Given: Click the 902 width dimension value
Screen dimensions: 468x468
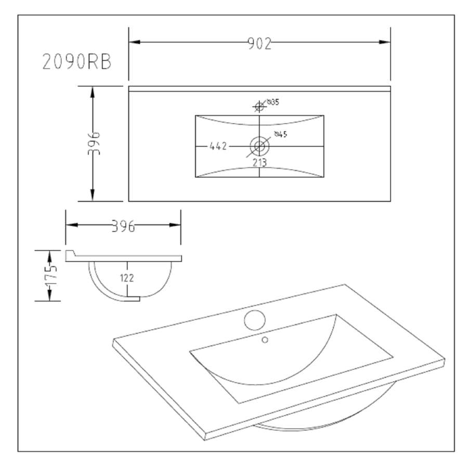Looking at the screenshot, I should click(259, 43).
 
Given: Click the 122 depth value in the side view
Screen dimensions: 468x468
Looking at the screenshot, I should click(127, 278).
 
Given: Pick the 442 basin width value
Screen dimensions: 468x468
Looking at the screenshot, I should click(218, 147).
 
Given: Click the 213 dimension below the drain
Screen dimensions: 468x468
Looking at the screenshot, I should click(259, 163).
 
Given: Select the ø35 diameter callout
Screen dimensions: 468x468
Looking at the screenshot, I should click(273, 102).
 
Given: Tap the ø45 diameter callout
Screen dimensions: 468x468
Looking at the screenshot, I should click(281, 135).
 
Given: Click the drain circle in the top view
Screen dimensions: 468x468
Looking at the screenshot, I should click(259, 146).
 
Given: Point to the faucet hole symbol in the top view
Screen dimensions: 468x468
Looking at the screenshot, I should click(258, 107).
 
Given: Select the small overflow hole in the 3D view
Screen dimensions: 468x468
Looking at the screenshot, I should click(265, 340).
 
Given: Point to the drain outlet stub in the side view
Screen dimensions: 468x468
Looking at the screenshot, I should click(133, 299).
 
